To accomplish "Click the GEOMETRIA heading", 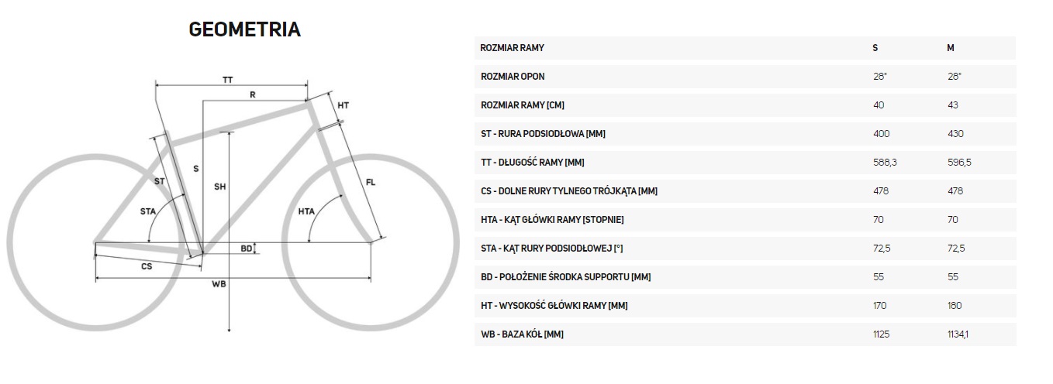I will tap(244, 30).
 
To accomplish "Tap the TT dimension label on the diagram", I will tap(228, 80).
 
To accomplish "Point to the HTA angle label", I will tap(306, 211).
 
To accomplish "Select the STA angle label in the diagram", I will tap(147, 211).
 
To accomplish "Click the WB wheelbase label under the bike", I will tap(219, 284).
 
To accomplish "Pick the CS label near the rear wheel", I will tap(146, 266).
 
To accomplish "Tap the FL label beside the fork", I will tap(371, 183).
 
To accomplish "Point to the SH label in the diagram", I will tap(219, 187).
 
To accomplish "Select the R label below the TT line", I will tap(253, 94).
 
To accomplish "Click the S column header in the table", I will tap(875, 48).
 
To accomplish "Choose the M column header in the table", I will tap(950, 48).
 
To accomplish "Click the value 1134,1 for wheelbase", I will tap(959, 334).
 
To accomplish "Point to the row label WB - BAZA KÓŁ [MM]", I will tap(522, 334).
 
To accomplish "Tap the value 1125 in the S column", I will tap(882, 334).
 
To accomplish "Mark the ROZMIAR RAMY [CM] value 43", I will tap(952, 105).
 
